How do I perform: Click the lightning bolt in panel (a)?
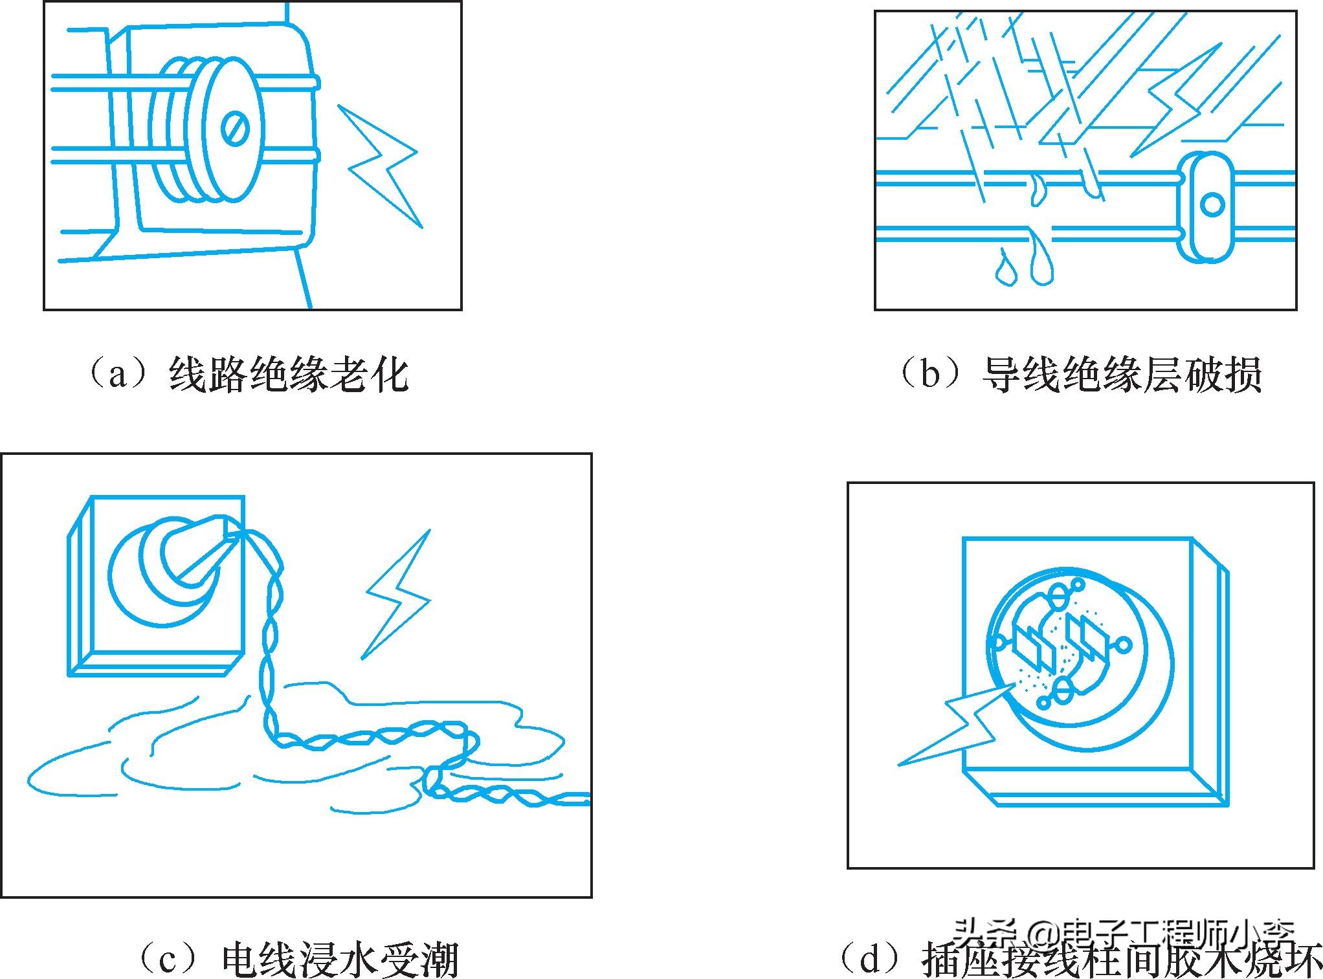(x=382, y=164)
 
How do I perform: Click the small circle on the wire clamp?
(x=1212, y=205)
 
